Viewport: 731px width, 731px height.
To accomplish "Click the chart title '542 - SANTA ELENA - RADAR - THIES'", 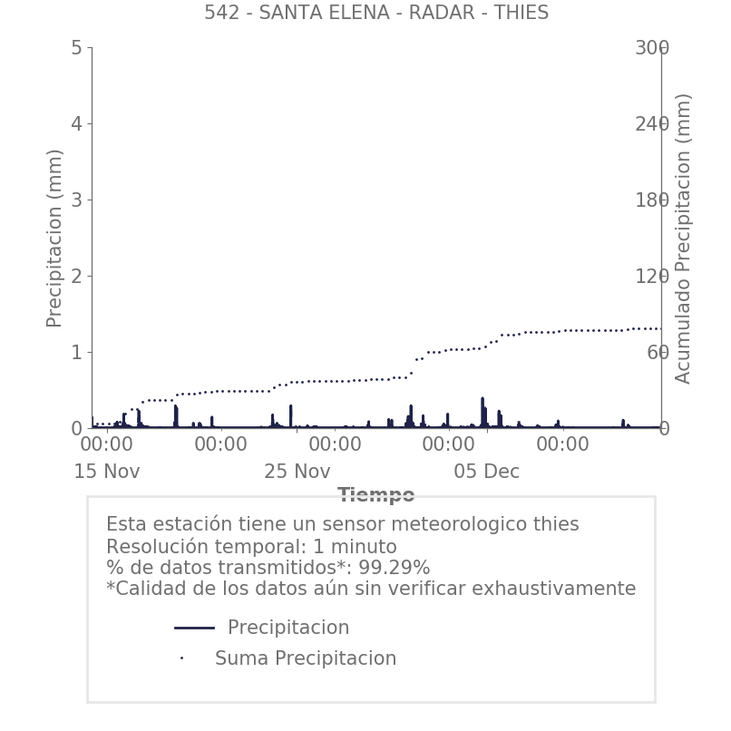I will (x=375, y=13).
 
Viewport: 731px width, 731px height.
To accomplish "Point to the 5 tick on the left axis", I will (x=76, y=48).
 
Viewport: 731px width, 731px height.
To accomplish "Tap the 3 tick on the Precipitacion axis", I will (x=76, y=200).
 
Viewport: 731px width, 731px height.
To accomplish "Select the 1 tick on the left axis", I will (x=76, y=353).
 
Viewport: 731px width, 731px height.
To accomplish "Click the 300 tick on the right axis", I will (x=651, y=48).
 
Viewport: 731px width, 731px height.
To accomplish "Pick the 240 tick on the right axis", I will (x=651, y=124).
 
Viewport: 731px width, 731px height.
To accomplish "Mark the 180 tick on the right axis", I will (x=651, y=200).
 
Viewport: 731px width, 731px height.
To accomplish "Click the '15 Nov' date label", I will (x=107, y=473).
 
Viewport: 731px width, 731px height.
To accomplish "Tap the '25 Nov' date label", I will (x=297, y=473).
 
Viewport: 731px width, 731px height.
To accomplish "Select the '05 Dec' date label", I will (x=487, y=473).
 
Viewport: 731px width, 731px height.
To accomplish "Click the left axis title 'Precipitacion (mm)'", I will (x=54, y=238).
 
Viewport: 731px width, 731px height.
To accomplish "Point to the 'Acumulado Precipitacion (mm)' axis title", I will (x=683, y=238).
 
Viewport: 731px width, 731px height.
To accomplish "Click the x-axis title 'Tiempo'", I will (x=375, y=495).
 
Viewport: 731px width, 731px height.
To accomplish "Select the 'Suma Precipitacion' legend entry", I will (x=305, y=658).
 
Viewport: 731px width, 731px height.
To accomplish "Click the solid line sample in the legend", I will (x=194, y=628).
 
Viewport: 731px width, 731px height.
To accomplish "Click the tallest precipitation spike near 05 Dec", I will (x=482, y=400).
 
